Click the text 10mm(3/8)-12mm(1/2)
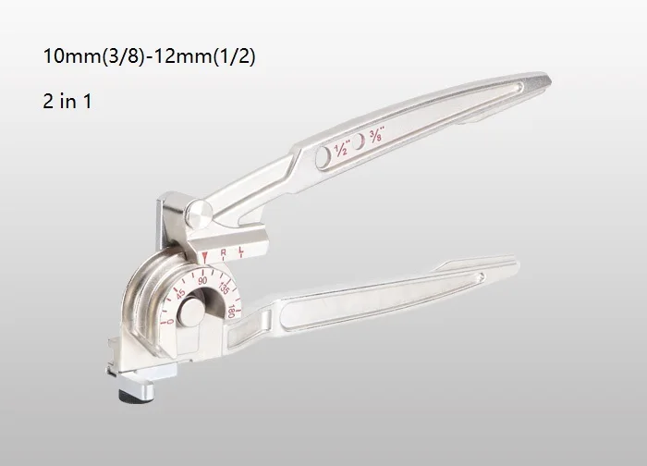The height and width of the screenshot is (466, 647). pyautogui.click(x=149, y=56)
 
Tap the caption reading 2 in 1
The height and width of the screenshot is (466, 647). pyautogui.click(x=67, y=101)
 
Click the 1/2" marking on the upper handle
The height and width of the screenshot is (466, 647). pyautogui.click(x=342, y=148)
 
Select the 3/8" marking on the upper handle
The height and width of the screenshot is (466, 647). pyautogui.click(x=377, y=135)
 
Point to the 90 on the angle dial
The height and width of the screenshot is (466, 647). pyautogui.click(x=202, y=281)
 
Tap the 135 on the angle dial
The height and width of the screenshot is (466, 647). pyautogui.click(x=224, y=288)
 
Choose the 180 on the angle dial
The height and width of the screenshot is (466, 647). pyautogui.click(x=231, y=312)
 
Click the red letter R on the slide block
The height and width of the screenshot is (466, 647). pyautogui.click(x=224, y=252)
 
